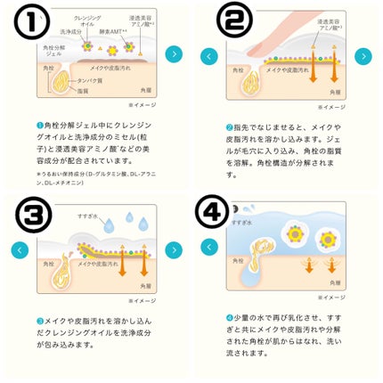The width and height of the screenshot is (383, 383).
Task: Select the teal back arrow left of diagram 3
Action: click(20, 250)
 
